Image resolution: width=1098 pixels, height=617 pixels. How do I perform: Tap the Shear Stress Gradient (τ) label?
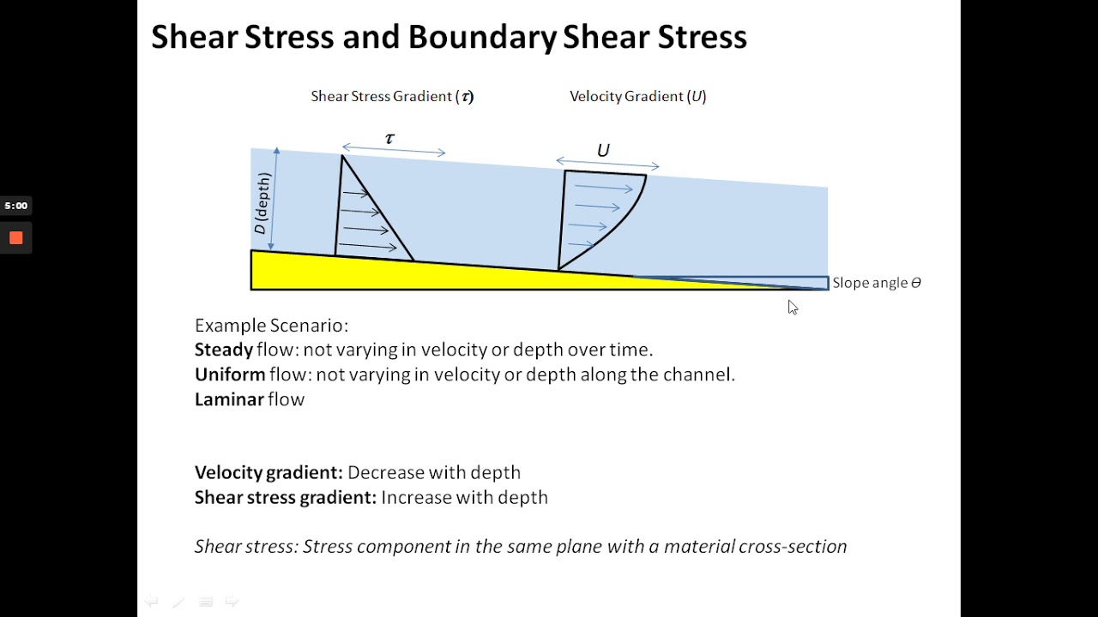point(392,97)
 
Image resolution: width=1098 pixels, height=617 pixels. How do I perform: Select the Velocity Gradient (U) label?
point(637,97)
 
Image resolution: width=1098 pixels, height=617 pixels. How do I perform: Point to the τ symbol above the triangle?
point(390,139)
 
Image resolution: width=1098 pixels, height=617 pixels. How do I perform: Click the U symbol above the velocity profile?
point(603,151)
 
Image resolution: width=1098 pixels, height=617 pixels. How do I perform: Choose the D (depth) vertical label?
point(262,203)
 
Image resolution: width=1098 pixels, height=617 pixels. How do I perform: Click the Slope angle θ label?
point(876,283)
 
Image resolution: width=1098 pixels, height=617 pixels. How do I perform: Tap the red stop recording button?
point(15,238)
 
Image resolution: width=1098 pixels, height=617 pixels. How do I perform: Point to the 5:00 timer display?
point(15,206)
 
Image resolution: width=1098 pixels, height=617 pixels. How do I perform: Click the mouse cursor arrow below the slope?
point(793,307)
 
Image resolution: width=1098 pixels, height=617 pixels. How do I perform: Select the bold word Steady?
point(224,350)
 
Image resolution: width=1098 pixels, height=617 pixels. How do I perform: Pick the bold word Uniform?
point(230,374)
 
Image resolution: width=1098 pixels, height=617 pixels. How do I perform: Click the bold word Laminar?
point(229,399)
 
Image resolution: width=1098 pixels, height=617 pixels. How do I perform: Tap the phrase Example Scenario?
point(271,326)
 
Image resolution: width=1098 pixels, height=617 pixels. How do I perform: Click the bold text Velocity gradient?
point(268,473)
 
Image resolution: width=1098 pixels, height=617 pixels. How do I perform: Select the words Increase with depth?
point(464,498)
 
